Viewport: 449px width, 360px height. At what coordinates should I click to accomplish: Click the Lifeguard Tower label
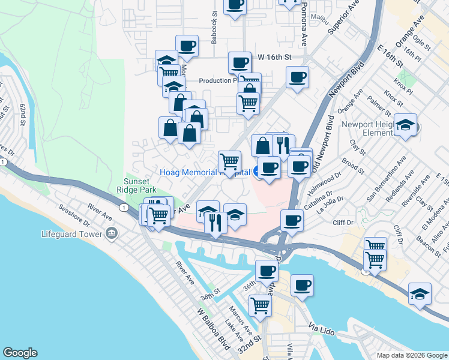click(71, 233)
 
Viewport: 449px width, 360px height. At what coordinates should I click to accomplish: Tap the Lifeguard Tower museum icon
click(111, 233)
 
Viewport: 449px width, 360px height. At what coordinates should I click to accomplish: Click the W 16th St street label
click(274, 57)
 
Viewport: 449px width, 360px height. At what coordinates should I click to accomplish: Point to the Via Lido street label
click(322, 328)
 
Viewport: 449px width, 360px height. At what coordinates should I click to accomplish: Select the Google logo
click(20, 353)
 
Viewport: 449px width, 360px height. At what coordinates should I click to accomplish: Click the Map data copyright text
click(411, 355)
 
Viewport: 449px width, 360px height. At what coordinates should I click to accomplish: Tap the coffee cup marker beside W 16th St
click(240, 62)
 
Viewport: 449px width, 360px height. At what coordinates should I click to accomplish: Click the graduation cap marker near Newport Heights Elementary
click(406, 125)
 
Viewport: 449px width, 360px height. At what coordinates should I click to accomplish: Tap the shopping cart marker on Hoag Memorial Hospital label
click(229, 161)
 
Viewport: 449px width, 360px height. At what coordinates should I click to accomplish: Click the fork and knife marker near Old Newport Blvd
click(281, 145)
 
